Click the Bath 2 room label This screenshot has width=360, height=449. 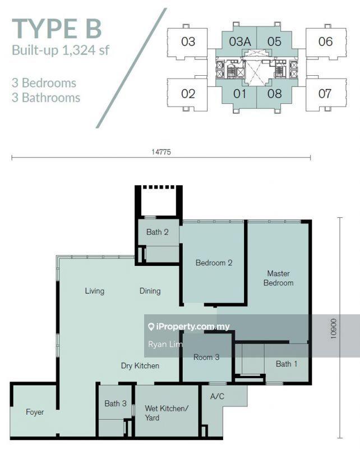click(x=157, y=232)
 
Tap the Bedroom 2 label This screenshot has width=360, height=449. click(x=214, y=263)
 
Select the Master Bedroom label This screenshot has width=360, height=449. click(x=279, y=278)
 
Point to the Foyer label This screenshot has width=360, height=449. click(x=35, y=412)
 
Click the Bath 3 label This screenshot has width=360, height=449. click(x=116, y=404)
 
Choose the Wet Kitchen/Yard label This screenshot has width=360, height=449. click(x=167, y=413)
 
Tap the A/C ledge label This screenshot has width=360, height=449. click(x=217, y=396)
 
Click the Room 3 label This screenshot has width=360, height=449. click(x=206, y=357)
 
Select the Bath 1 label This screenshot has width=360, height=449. click(x=287, y=364)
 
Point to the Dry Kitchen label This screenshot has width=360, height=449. click(x=140, y=366)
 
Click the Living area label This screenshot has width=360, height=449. click(x=94, y=291)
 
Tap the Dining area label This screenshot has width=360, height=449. click(x=150, y=291)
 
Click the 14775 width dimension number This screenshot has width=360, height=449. click(x=161, y=152)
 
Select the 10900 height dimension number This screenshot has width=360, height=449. click(x=334, y=329)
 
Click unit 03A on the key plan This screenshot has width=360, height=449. click(x=240, y=42)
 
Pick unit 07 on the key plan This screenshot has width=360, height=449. click(x=325, y=94)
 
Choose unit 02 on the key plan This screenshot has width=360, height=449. click(x=188, y=94)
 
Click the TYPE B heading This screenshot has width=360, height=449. click(x=57, y=29)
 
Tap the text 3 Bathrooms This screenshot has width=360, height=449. click(x=46, y=98)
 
